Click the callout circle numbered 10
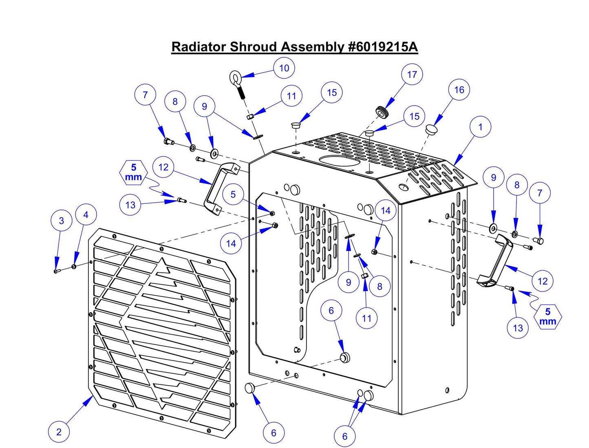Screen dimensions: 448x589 tap(284, 68)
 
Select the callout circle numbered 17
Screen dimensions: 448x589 tap(412, 75)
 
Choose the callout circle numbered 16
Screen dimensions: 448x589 tap(459, 90)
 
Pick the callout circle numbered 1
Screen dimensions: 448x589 tap(480, 127)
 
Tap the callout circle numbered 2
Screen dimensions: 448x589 tap(59, 432)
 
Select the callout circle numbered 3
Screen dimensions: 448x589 tap(61, 221)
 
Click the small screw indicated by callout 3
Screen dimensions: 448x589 tap(56, 271)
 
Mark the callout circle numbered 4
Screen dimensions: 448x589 tap(86, 215)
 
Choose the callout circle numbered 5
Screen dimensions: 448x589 tap(233, 194)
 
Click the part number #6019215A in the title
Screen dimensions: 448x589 tap(383, 47)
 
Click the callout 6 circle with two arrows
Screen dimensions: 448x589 tap(345, 436)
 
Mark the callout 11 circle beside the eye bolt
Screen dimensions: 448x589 tap(291, 96)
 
